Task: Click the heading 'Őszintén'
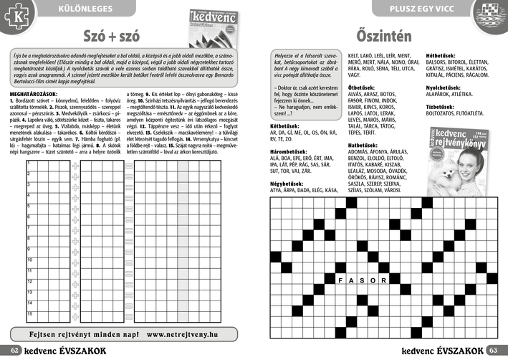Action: [383, 34]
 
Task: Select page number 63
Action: [492, 351]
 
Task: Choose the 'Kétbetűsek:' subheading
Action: [285, 125]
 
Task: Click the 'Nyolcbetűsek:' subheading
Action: [446, 87]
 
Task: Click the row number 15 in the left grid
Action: [29, 314]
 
